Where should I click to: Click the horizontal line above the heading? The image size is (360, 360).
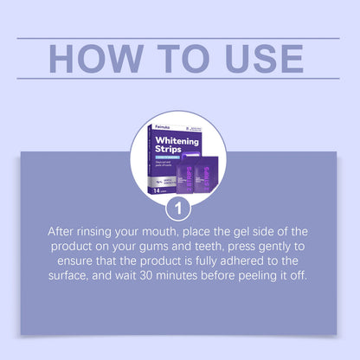pos(180,38)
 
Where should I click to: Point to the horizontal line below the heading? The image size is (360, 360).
pos(180,79)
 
